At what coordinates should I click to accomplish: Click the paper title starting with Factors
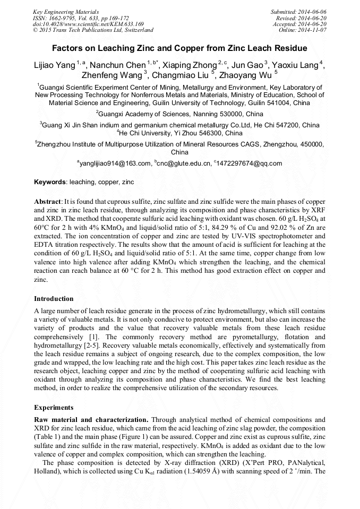click(x=179, y=48)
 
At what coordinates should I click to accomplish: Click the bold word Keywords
click(x=50, y=182)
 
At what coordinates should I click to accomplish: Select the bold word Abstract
click(x=48, y=202)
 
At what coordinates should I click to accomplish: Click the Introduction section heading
click(x=54, y=299)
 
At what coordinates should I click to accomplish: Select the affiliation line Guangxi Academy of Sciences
click(x=179, y=114)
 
